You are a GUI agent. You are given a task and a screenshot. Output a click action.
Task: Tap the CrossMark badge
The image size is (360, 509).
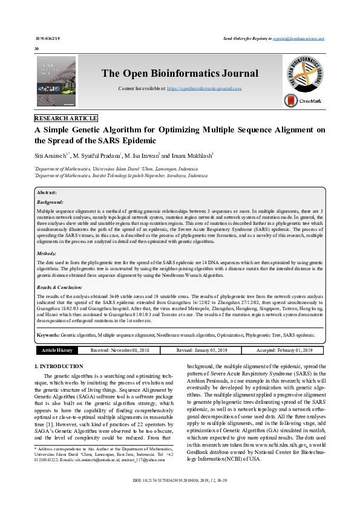click(x=303, y=102)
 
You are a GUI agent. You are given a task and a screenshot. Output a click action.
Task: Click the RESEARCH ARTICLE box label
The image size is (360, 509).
click(x=66, y=118)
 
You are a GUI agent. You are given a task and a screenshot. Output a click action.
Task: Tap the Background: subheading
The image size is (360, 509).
click(x=50, y=201)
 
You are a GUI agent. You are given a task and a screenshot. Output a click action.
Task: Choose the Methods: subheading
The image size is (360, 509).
click(x=47, y=254)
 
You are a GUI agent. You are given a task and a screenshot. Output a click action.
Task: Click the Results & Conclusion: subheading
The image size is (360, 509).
click(x=59, y=288)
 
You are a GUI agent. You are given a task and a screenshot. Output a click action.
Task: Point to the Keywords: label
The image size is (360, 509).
click(x=48, y=334)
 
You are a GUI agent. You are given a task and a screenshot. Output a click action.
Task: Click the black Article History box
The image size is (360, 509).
click(x=57, y=350)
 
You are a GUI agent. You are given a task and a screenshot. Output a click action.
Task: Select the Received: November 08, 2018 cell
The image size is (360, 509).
click(x=119, y=350)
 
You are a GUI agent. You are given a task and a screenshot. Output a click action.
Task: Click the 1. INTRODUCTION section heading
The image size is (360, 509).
click(x=59, y=367)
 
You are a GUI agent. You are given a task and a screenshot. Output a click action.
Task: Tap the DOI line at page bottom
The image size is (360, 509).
click(x=180, y=497)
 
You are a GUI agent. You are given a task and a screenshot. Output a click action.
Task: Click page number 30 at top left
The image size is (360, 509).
click(x=37, y=48)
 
